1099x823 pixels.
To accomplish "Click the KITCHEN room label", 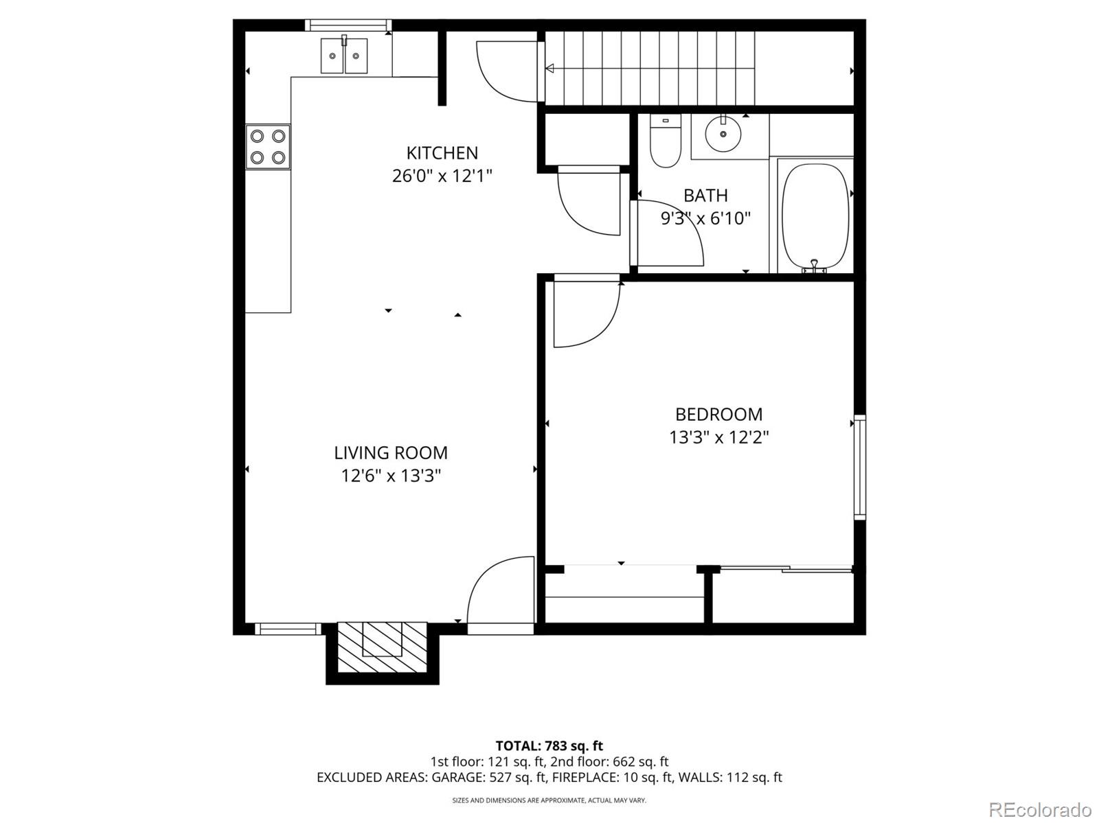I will pyautogui.click(x=442, y=152).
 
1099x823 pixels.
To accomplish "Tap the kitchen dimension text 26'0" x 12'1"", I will pyautogui.click(x=442, y=176).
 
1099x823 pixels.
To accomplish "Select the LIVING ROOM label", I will pyautogui.click(x=390, y=452).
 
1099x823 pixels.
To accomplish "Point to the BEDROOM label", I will pyautogui.click(x=718, y=414).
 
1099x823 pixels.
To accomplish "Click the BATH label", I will pyautogui.click(x=705, y=195).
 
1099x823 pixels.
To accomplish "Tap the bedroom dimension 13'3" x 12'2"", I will pyautogui.click(x=718, y=437).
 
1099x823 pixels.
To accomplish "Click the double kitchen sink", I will pyautogui.click(x=344, y=56).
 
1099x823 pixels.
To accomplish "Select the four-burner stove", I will pyautogui.click(x=268, y=147).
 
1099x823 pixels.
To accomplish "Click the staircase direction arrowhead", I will pyautogui.click(x=549, y=68).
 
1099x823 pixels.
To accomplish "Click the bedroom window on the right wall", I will pyautogui.click(x=859, y=467).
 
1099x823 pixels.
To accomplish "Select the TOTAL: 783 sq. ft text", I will pyautogui.click(x=549, y=745).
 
